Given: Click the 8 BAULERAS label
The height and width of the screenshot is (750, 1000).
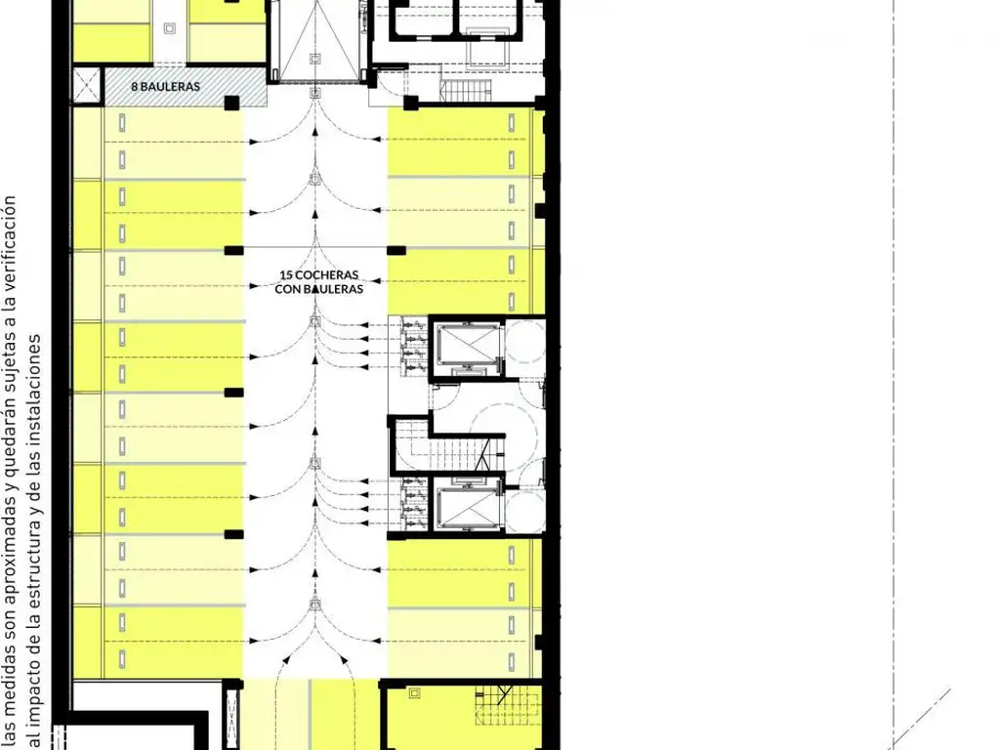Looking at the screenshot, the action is pos(166,86).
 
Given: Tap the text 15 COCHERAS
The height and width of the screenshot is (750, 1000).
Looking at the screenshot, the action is pos(319,274).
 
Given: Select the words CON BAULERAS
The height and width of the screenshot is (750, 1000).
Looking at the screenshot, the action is pos(319,289).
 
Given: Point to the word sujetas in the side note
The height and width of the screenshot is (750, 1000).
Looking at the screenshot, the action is pos(10,359).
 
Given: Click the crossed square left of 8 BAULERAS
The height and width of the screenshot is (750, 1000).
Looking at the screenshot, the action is pos(87,86).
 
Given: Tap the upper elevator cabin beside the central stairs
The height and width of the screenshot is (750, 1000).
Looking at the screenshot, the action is pos(468,345).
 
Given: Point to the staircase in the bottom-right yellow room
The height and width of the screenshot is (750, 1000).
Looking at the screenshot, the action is pos(507,707).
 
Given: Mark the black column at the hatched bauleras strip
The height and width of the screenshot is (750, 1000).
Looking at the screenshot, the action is pos(231,103).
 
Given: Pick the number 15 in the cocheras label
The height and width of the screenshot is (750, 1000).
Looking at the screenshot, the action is pos(286,274).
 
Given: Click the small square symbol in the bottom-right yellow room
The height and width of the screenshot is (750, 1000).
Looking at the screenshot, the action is pos(415,692).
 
